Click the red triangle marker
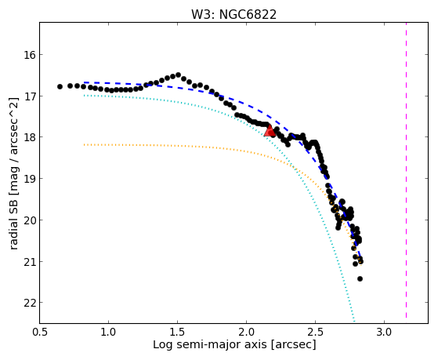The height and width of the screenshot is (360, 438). tap(270, 131)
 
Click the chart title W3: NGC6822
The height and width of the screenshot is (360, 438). tap(233, 15)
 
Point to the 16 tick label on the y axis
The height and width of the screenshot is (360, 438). tap(30, 55)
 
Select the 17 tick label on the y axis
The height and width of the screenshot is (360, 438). tap(30, 96)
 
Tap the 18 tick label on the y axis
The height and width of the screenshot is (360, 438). tap(30, 137)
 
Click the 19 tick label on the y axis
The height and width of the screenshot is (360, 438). tap(30, 179)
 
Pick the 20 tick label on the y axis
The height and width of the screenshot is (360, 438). tap(30, 220)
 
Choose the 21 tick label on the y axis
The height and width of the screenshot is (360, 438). tap(30, 261)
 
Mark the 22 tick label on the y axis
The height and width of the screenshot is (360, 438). tap(30, 303)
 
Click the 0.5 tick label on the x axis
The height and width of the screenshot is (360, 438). tap(40, 333)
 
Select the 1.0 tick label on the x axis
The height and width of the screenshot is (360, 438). tap(108, 333)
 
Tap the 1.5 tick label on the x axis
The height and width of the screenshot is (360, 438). tap(177, 333)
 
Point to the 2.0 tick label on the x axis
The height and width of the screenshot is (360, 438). tap(246, 333)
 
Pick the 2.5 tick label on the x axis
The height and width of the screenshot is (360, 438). tap(315, 333)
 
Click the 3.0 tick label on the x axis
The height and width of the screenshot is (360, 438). tap(385, 333)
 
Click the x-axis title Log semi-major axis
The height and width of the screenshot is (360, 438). tap(210, 344)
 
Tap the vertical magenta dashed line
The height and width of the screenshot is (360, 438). tap(406, 170)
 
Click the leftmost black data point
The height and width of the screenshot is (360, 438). tap(60, 87)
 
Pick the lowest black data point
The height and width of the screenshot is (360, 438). tap(360, 279)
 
